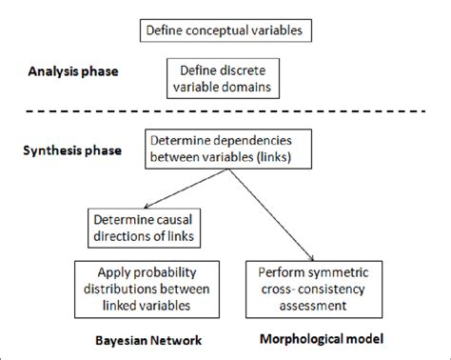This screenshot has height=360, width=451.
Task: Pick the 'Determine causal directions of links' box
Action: click(x=146, y=226)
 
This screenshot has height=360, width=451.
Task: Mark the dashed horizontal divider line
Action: click(x=225, y=115)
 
